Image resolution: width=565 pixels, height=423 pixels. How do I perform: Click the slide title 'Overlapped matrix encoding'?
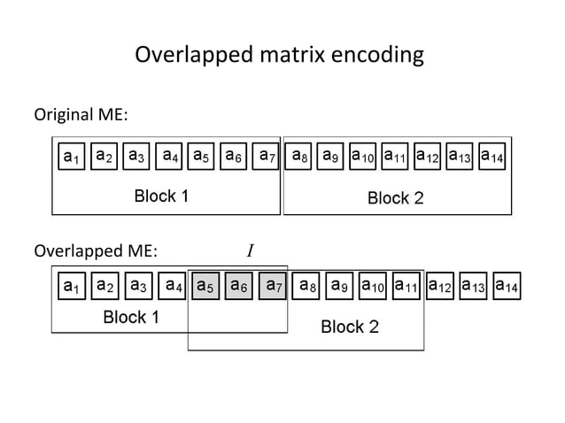pyautogui.click(x=279, y=57)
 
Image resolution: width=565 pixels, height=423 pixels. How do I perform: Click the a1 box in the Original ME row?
pyautogui.click(x=70, y=156)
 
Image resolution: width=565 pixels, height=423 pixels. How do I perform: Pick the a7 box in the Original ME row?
pyautogui.click(x=267, y=156)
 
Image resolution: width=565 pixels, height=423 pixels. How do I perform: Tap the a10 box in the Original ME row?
pyautogui.click(x=364, y=156)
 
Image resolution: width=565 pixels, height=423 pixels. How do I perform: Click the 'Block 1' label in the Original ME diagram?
pyautogui.click(x=160, y=196)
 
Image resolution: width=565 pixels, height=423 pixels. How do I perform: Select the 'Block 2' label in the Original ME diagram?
pyautogui.click(x=395, y=197)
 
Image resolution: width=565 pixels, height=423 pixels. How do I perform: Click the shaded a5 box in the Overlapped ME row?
pyautogui.click(x=205, y=287)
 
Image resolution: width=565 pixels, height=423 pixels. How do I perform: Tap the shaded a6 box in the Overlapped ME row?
pyautogui.click(x=239, y=287)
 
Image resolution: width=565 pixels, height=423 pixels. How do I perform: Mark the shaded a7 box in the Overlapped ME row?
pyautogui.click(x=274, y=287)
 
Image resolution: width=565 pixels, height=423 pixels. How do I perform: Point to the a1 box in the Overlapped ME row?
pyautogui.click(x=70, y=287)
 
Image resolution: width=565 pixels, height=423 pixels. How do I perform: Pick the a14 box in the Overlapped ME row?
pyautogui.click(x=507, y=287)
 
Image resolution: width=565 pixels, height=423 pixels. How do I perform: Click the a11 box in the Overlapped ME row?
pyautogui.click(x=407, y=287)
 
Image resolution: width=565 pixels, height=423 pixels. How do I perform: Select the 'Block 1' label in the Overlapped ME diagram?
pyautogui.click(x=131, y=318)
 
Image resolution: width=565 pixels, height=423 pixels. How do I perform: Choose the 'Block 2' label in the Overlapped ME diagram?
pyautogui.click(x=349, y=327)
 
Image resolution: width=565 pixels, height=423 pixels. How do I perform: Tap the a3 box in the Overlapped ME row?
pyautogui.click(x=137, y=287)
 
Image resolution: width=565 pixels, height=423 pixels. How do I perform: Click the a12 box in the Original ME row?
pyautogui.click(x=429, y=156)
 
